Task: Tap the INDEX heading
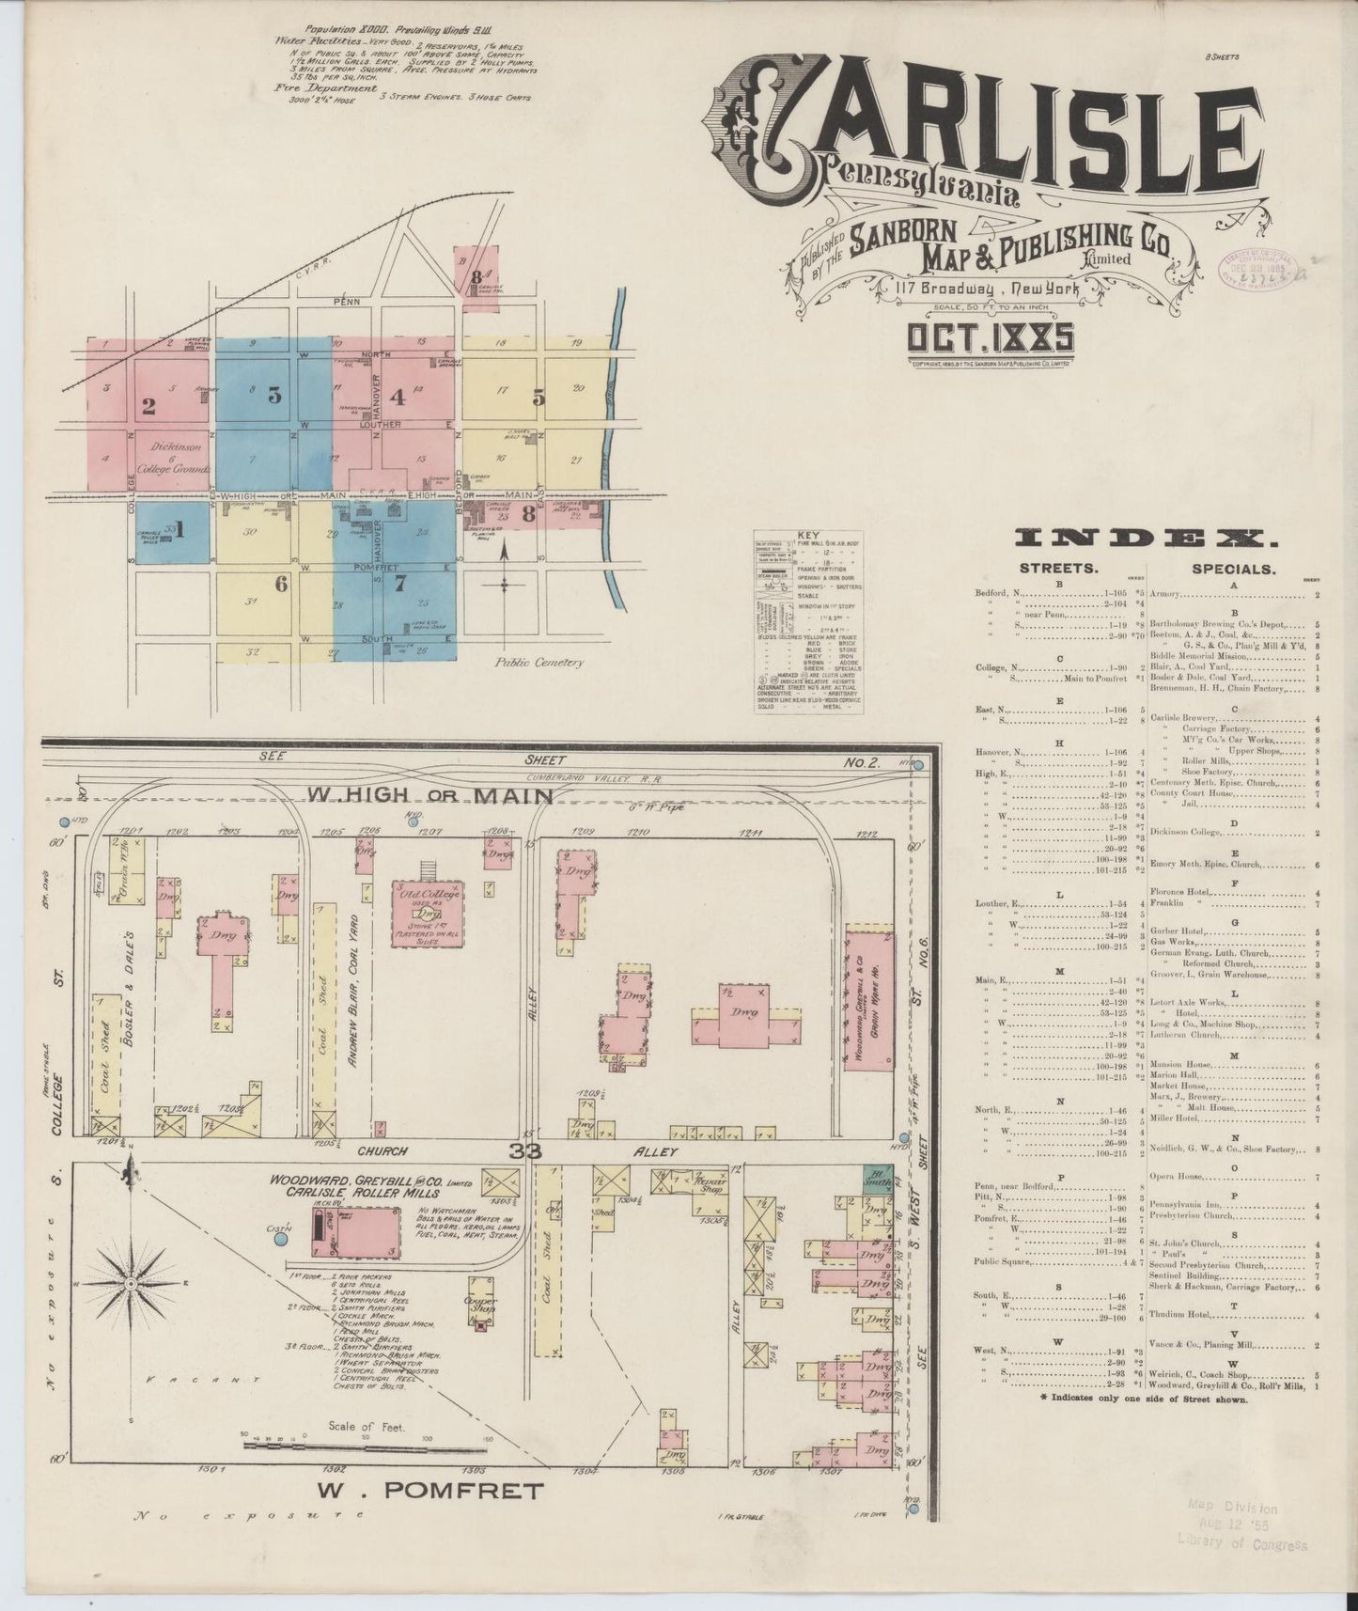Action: [1146, 539]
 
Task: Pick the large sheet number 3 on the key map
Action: [274, 396]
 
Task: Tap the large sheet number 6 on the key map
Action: [280, 584]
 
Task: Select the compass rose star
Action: [131, 1283]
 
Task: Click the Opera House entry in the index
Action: [1177, 1176]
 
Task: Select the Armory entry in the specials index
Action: [1166, 595]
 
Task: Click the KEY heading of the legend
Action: [808, 535]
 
